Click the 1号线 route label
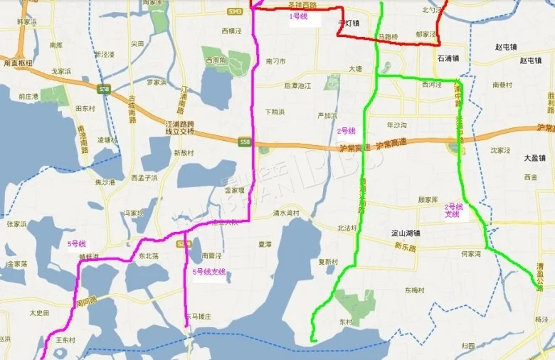coord(299,16)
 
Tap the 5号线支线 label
coord(209,271)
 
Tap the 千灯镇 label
coord(348,22)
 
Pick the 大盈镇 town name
coord(534,158)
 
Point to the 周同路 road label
coord(85,301)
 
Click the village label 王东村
coord(65,340)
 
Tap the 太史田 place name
coord(39,312)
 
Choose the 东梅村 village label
coord(415,290)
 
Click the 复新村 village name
coord(328,261)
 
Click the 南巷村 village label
coord(502,85)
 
